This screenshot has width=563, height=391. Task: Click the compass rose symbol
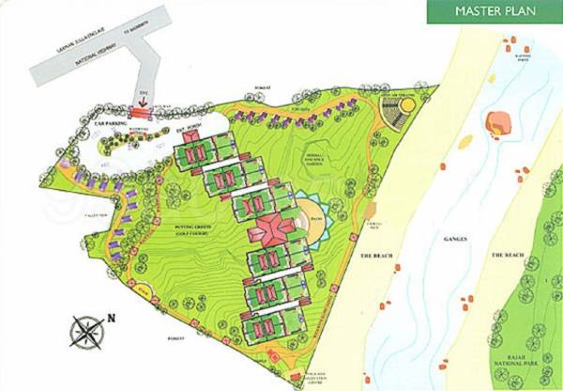click(x=87, y=330)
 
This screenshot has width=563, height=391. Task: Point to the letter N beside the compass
click(x=111, y=317)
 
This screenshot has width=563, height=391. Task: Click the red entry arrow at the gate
click(x=142, y=104)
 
